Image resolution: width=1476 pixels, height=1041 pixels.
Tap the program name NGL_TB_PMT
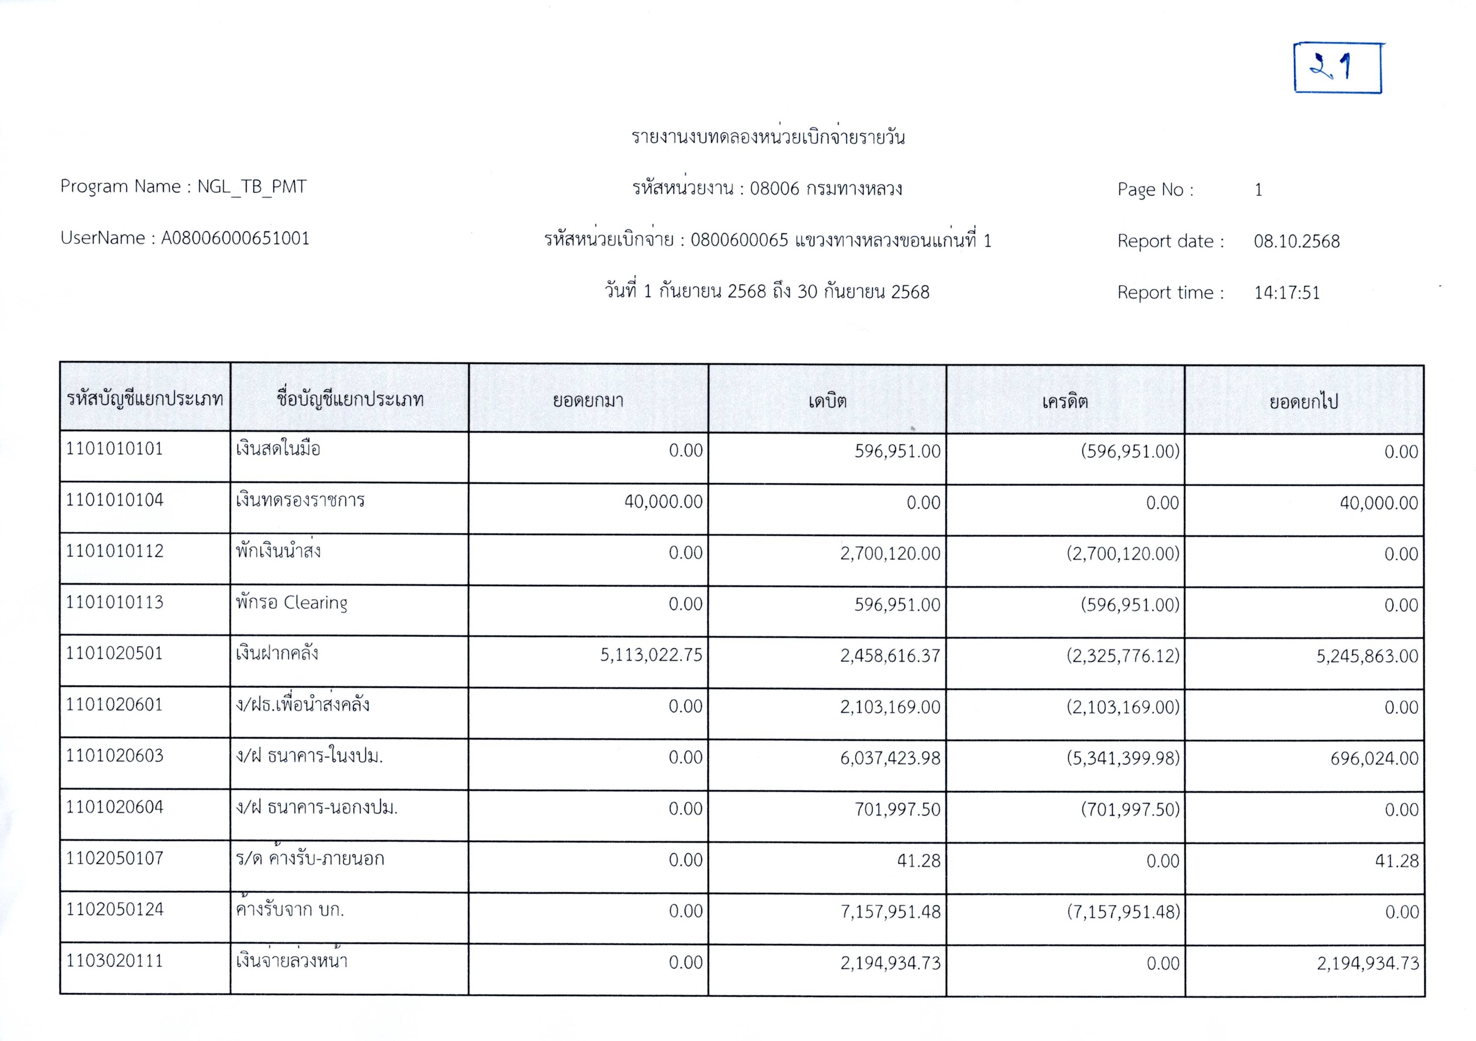tap(251, 186)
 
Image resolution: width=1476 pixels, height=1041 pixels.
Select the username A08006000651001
tap(235, 238)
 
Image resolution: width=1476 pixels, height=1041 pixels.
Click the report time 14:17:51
tap(1286, 292)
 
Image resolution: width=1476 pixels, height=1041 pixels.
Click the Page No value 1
tap(1258, 190)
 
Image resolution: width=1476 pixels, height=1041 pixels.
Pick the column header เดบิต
tap(827, 401)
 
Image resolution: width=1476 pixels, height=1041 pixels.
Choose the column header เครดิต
tap(1065, 402)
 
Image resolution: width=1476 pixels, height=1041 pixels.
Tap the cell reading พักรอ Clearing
tap(291, 602)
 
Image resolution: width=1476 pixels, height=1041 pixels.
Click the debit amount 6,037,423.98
tap(890, 758)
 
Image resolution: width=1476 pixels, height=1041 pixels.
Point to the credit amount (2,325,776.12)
tap(1123, 656)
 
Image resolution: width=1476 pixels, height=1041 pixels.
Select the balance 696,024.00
tap(1374, 759)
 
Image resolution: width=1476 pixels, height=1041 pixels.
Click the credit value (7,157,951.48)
tap(1123, 912)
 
